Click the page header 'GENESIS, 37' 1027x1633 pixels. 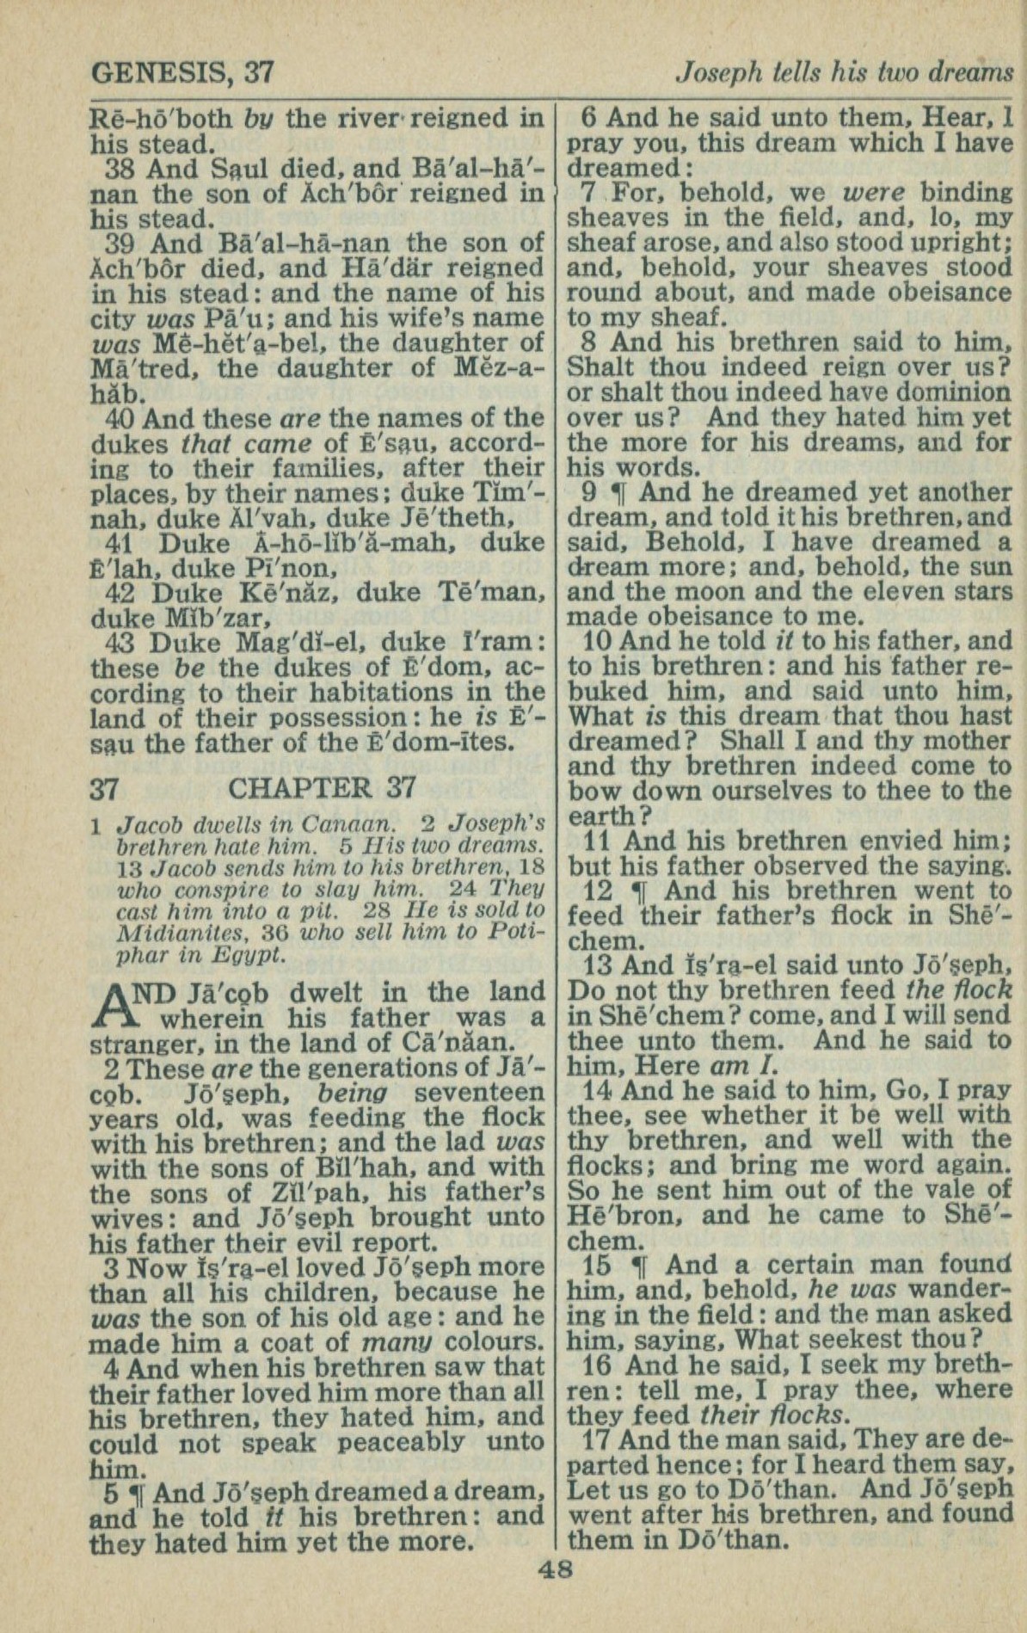pos(181,73)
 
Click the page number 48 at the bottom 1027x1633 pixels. pos(555,1569)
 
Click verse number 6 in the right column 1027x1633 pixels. pos(590,118)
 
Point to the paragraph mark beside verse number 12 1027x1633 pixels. pos(640,892)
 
